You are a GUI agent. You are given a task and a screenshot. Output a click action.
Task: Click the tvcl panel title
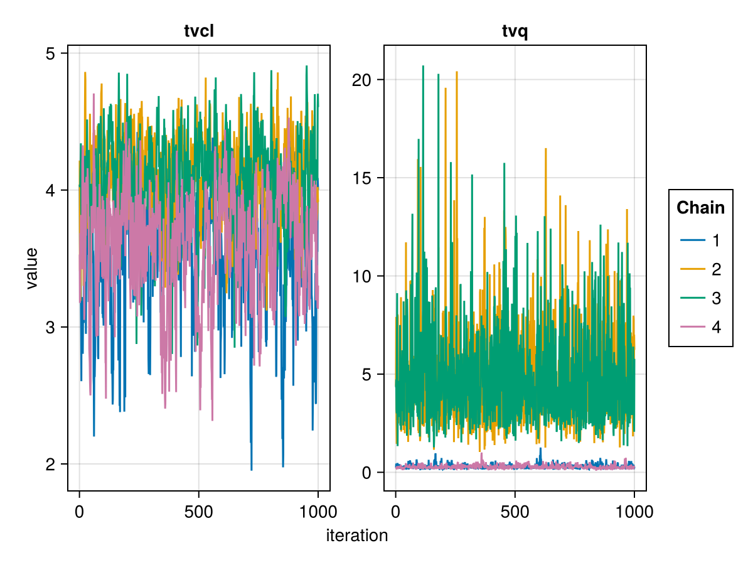pyautogui.click(x=199, y=31)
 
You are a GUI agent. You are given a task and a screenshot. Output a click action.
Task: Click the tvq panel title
pyautogui.click(x=515, y=31)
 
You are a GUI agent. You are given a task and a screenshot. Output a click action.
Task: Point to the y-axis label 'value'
pyautogui.click(x=31, y=268)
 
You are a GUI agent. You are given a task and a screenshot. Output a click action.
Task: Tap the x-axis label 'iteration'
pyautogui.click(x=357, y=535)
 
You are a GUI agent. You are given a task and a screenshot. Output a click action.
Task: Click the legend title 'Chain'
pyautogui.click(x=700, y=208)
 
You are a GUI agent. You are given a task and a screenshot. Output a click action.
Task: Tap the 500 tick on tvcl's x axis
pyautogui.click(x=199, y=512)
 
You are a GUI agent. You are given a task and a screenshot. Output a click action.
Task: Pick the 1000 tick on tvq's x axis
pyautogui.click(x=634, y=512)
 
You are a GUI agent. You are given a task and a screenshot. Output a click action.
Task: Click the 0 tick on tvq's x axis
pyautogui.click(x=395, y=512)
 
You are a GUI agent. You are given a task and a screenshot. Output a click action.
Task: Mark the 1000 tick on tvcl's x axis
pyautogui.click(x=318, y=512)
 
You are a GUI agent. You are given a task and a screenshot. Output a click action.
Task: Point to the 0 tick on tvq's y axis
pyautogui.click(x=368, y=472)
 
